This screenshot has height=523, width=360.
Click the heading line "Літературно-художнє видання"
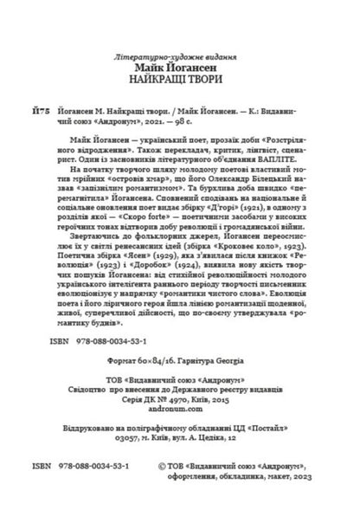pyautogui.click(x=180, y=57)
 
